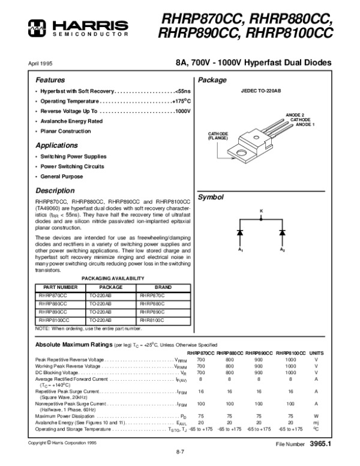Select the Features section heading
(x=49, y=80)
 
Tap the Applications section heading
(x=56, y=145)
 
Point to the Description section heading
(x=55, y=190)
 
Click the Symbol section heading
(x=211, y=197)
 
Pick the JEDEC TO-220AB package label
(x=261, y=91)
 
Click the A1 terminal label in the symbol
(x=239, y=249)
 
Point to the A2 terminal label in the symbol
(x=282, y=249)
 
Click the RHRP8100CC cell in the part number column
(x=54, y=321)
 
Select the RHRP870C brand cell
(x=151, y=295)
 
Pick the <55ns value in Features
(x=182, y=90)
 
